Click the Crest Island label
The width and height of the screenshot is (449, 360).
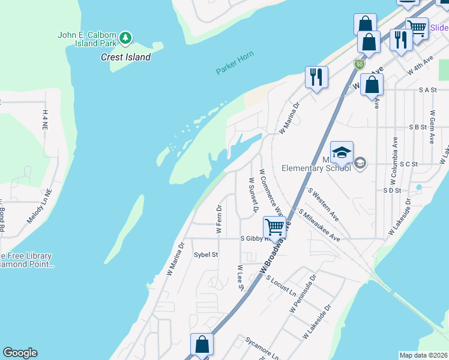(125, 57)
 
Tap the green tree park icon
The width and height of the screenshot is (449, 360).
(125, 38)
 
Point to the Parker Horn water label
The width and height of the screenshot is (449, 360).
(235, 63)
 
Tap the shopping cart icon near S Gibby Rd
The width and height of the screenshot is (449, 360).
(274, 227)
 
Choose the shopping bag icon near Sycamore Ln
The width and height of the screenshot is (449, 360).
(202, 344)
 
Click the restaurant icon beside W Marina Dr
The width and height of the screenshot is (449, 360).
(316, 77)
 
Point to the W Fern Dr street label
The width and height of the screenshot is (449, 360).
(219, 219)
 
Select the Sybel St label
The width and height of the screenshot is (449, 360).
(205, 254)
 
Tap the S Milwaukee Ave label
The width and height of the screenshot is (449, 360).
(319, 226)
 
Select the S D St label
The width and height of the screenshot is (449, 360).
(391, 190)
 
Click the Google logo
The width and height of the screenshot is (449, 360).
(20, 353)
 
